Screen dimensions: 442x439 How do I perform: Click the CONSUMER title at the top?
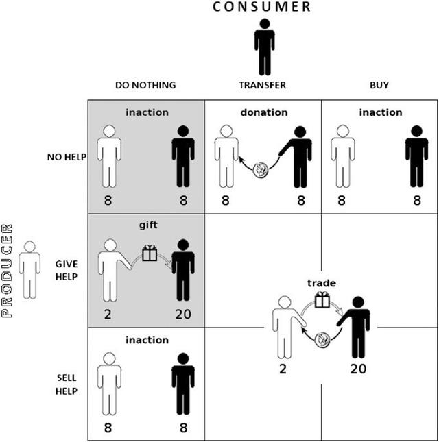(261, 7)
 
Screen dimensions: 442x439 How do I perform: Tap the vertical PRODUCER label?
(9, 271)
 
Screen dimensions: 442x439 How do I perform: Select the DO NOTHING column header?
(145, 85)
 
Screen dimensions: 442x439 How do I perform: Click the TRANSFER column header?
(262, 85)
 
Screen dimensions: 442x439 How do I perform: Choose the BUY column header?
(379, 85)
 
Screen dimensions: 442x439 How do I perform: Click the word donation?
(264, 112)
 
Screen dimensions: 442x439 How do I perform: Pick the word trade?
(321, 282)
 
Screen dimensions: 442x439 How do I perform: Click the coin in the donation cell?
(261, 171)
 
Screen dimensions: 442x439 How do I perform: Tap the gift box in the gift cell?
(149, 254)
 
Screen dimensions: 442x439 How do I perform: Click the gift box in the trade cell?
(322, 300)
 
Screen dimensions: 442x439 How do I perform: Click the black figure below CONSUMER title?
(264, 47)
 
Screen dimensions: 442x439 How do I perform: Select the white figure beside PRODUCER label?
(29, 269)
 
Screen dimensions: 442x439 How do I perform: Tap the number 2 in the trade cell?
(282, 368)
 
